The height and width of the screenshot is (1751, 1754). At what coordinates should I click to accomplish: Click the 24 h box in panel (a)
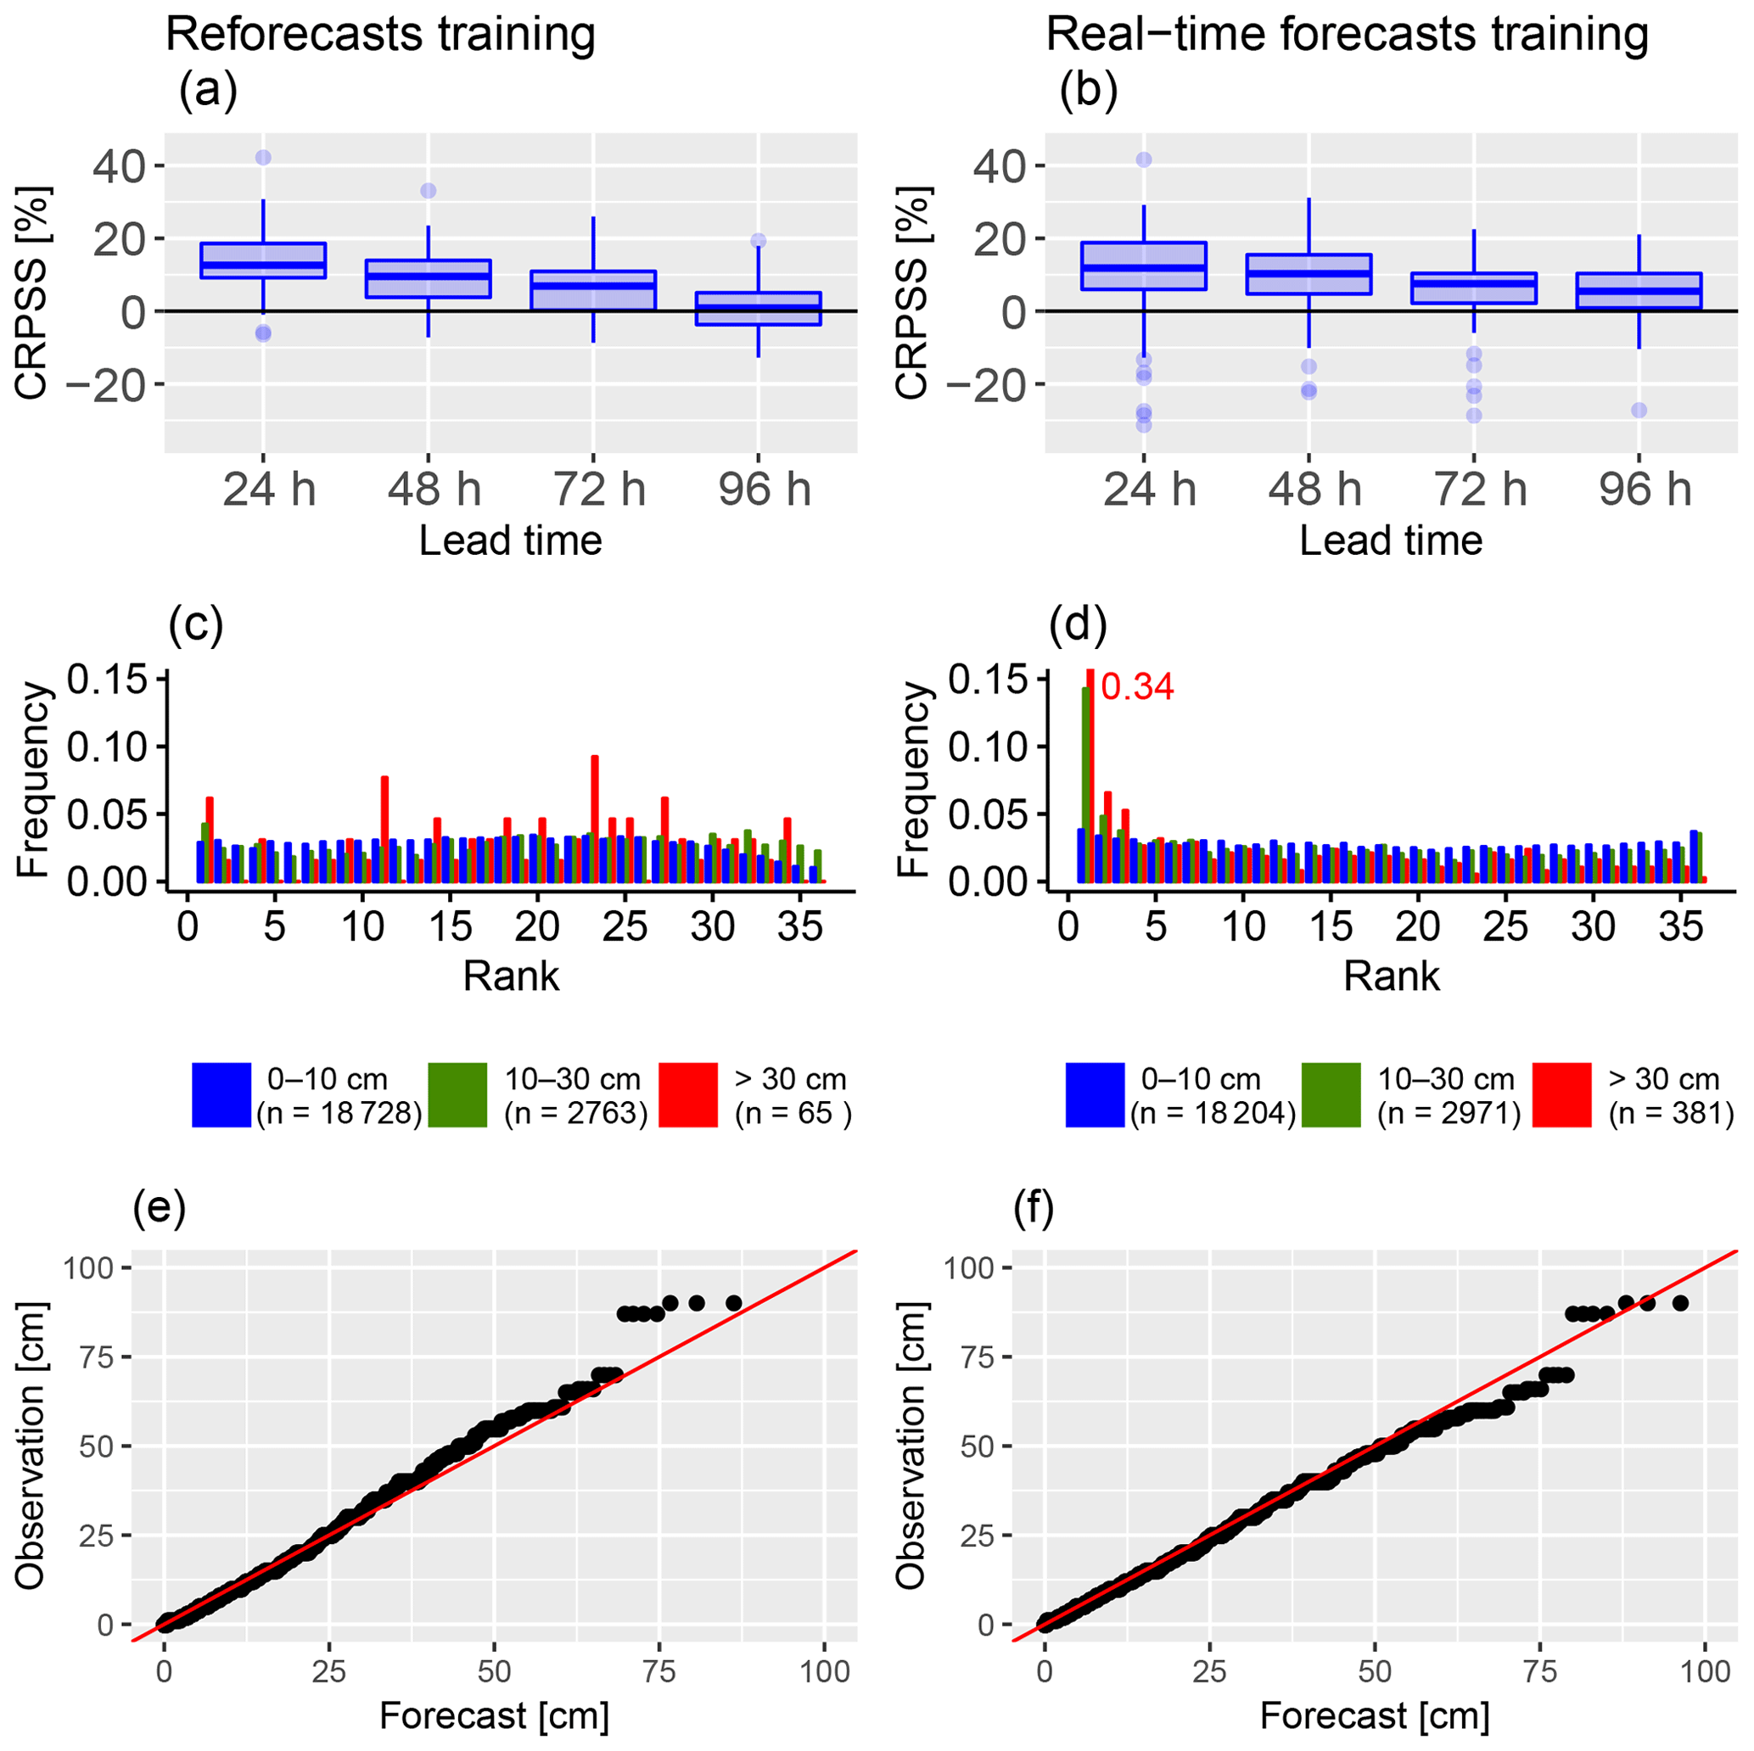click(263, 260)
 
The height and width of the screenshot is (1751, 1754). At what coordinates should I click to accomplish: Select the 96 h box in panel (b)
click(1639, 290)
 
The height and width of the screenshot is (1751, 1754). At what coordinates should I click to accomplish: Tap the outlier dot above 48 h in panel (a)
click(428, 191)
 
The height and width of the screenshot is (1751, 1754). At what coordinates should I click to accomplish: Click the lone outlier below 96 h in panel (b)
click(1639, 411)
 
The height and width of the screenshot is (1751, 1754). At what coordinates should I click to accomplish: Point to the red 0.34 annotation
click(1138, 687)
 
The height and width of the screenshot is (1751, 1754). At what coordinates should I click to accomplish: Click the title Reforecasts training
click(380, 35)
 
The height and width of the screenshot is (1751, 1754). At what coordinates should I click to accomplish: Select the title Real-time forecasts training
click(1348, 35)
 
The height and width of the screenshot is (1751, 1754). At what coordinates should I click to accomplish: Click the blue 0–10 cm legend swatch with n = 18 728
click(221, 1094)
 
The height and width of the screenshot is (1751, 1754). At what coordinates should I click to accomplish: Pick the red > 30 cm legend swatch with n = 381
click(1561, 1094)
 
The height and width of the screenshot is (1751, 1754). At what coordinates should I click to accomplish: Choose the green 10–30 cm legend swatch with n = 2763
click(457, 1094)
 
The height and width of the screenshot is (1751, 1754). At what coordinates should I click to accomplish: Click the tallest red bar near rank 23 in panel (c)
click(595, 817)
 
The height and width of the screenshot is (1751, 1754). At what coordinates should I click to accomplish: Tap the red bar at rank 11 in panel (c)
click(385, 828)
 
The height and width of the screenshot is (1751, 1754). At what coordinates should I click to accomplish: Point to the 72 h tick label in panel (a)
click(599, 490)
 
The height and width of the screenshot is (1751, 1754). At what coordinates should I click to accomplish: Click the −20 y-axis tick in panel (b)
click(990, 385)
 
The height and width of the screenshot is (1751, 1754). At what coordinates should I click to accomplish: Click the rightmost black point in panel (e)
click(733, 1303)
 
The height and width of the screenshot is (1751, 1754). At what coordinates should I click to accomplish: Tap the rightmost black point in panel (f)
click(1680, 1302)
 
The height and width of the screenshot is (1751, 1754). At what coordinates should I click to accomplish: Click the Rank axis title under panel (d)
click(1391, 976)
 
